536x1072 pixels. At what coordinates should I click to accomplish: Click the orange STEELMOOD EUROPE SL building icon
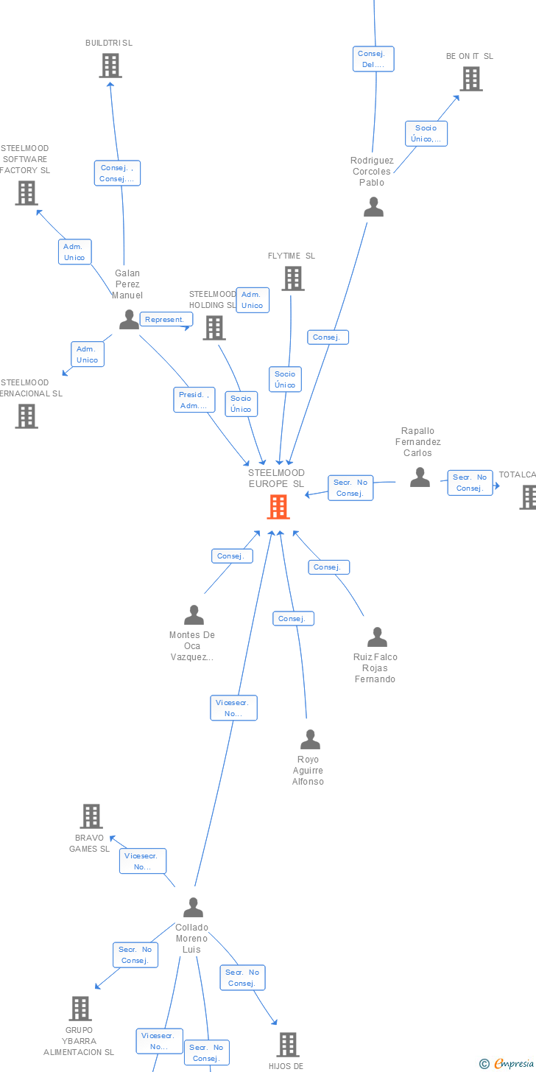tap(278, 507)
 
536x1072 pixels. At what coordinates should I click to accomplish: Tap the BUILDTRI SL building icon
tap(110, 66)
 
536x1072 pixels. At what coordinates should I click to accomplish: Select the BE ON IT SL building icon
tap(471, 79)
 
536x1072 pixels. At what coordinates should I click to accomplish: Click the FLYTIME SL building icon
tap(293, 278)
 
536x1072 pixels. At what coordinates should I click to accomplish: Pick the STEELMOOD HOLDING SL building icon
tap(214, 328)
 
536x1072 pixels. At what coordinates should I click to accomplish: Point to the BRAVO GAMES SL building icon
tap(91, 816)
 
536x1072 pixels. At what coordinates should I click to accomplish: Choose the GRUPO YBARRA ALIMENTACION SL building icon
tap(80, 1009)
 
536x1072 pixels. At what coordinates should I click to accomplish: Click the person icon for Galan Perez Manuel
tap(129, 319)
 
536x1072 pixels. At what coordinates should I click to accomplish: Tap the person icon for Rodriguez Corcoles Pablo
tap(374, 207)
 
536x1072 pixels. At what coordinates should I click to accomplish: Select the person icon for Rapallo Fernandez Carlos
tap(420, 477)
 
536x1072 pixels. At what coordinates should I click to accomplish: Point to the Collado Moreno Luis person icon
tap(193, 907)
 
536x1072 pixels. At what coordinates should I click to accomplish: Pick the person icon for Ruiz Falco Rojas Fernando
tap(377, 637)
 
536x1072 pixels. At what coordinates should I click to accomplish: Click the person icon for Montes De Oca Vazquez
tap(194, 614)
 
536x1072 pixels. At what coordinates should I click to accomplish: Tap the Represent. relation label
tap(166, 320)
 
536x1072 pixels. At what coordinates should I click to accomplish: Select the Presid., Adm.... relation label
tap(194, 400)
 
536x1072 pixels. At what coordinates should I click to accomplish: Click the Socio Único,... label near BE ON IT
tap(426, 133)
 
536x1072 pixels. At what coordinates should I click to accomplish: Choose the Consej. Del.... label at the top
tap(373, 59)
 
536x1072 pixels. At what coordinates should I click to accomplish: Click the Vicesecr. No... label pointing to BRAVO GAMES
tap(143, 861)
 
